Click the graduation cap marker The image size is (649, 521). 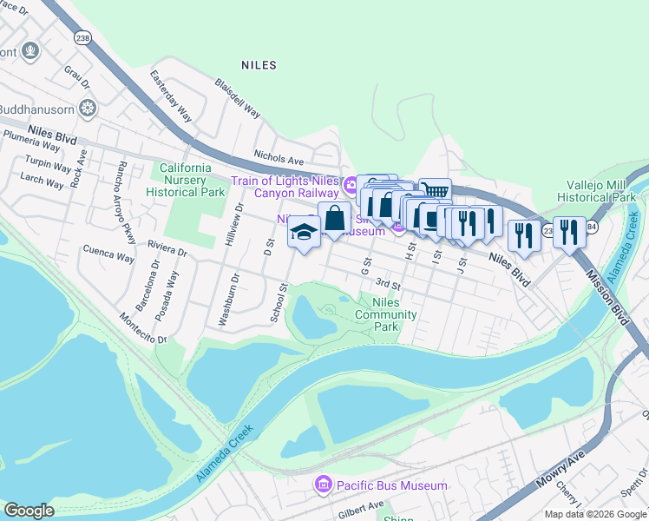303,233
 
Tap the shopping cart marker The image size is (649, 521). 435,191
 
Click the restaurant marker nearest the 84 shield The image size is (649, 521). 568,231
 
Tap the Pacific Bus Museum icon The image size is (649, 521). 323,483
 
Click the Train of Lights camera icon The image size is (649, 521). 351,184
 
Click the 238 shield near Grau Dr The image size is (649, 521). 83,38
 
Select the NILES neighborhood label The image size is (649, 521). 258,65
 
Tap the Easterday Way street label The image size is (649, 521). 170,96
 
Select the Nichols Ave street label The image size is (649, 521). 279,160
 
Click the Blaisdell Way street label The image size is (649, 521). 238,99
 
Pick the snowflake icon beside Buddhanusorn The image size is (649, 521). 87,109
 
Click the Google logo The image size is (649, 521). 29,511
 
